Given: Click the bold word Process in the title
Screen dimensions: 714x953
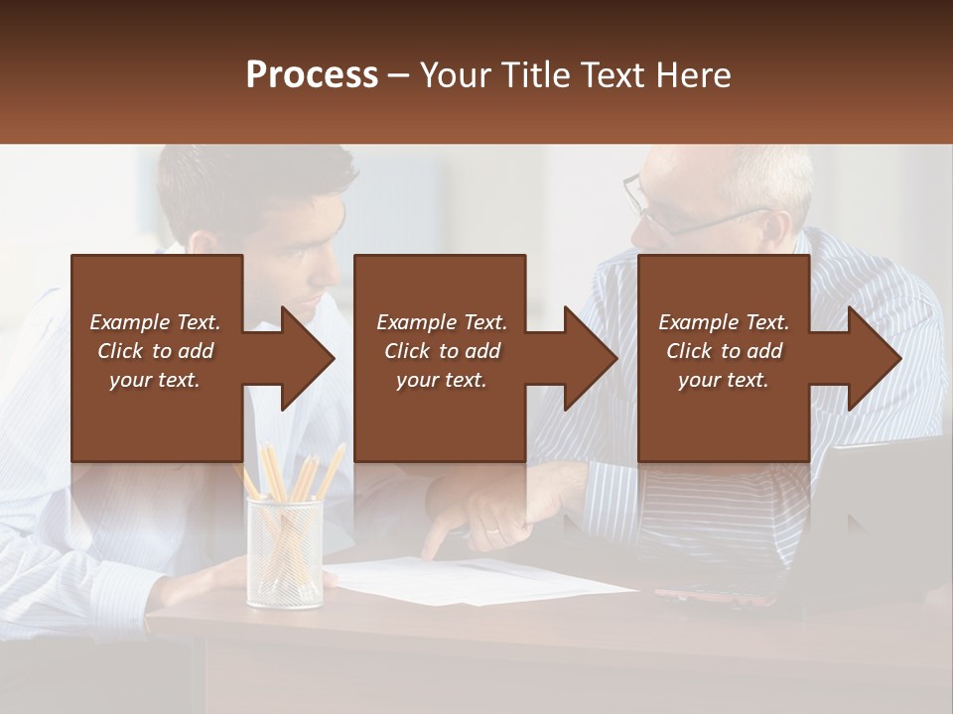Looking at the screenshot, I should [312, 75].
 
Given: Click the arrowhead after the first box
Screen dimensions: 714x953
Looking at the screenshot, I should [309, 358].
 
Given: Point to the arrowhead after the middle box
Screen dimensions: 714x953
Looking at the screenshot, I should [592, 358].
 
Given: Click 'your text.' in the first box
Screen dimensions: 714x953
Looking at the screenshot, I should [155, 380].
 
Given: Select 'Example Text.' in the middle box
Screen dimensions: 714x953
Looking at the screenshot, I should [442, 322].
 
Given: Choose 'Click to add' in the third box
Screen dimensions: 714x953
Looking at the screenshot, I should [724, 351].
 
